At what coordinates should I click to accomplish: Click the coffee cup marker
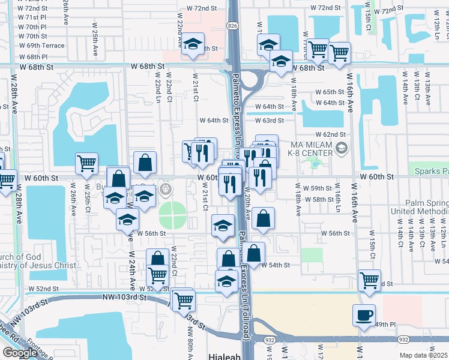(363, 314)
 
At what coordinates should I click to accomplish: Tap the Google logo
(20, 353)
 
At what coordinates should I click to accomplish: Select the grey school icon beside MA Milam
(341, 148)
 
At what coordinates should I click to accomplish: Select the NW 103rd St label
(124, 297)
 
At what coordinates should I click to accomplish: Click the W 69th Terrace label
(41, 45)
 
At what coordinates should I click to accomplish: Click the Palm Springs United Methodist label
(418, 207)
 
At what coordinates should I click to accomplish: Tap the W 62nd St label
(331, 134)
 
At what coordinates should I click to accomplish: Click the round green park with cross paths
(172, 215)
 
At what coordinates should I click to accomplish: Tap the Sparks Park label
(430, 171)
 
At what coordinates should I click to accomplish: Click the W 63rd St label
(269, 121)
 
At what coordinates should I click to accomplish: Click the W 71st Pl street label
(32, 18)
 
